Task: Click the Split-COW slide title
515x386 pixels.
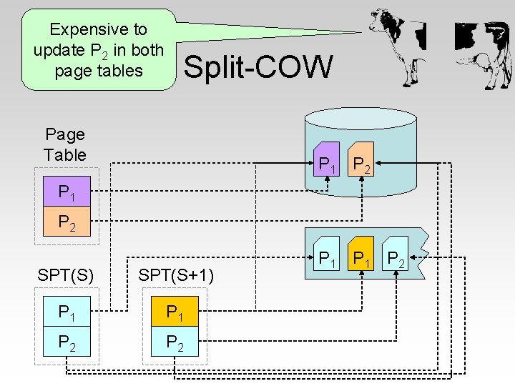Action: point(258,67)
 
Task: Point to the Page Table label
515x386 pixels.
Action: point(64,144)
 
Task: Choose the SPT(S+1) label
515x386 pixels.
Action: point(176,274)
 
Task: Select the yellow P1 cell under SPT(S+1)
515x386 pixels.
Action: point(176,312)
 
